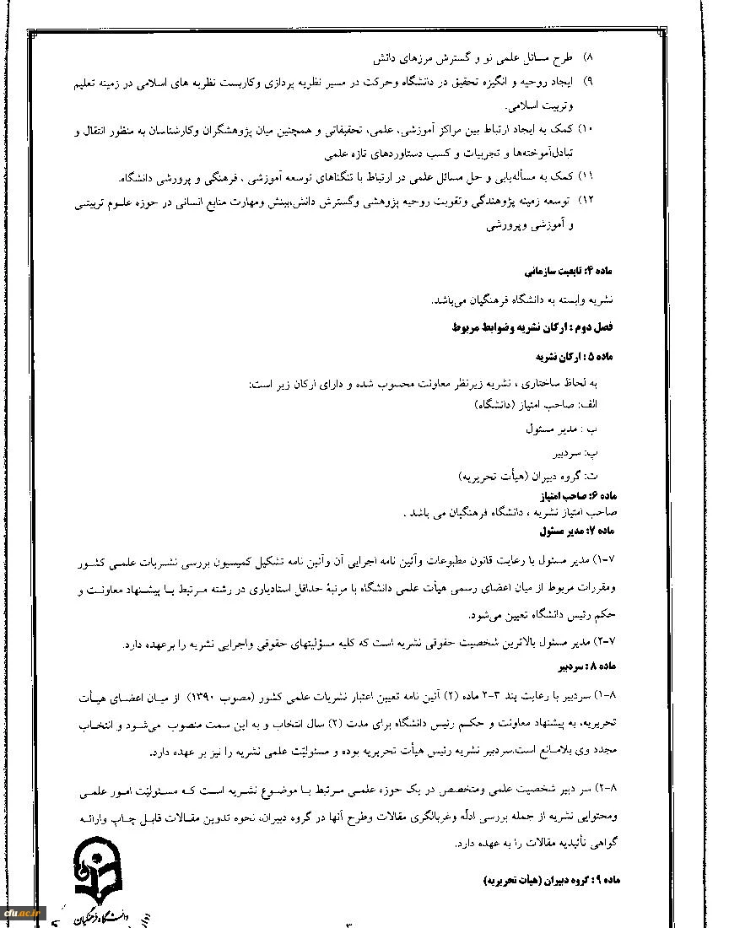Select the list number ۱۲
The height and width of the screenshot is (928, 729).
click(x=588, y=202)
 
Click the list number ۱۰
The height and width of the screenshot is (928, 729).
click(x=588, y=129)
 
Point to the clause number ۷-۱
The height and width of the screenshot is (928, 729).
click(x=607, y=560)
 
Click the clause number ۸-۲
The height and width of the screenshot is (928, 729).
click(x=607, y=786)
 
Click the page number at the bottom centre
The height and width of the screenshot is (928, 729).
click(x=347, y=924)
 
